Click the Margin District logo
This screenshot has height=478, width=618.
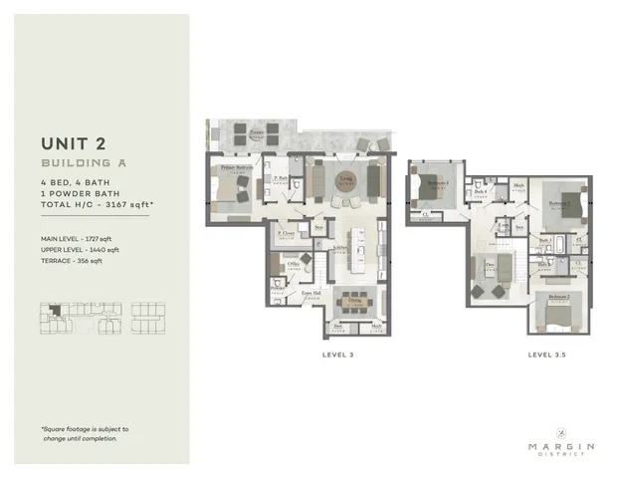[x=561, y=441]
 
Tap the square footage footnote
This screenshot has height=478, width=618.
[x=85, y=433]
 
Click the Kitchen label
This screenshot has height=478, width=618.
[x=338, y=248]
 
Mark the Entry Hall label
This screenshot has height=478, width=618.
[x=309, y=294]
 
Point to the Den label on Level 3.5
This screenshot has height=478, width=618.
[x=491, y=264]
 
